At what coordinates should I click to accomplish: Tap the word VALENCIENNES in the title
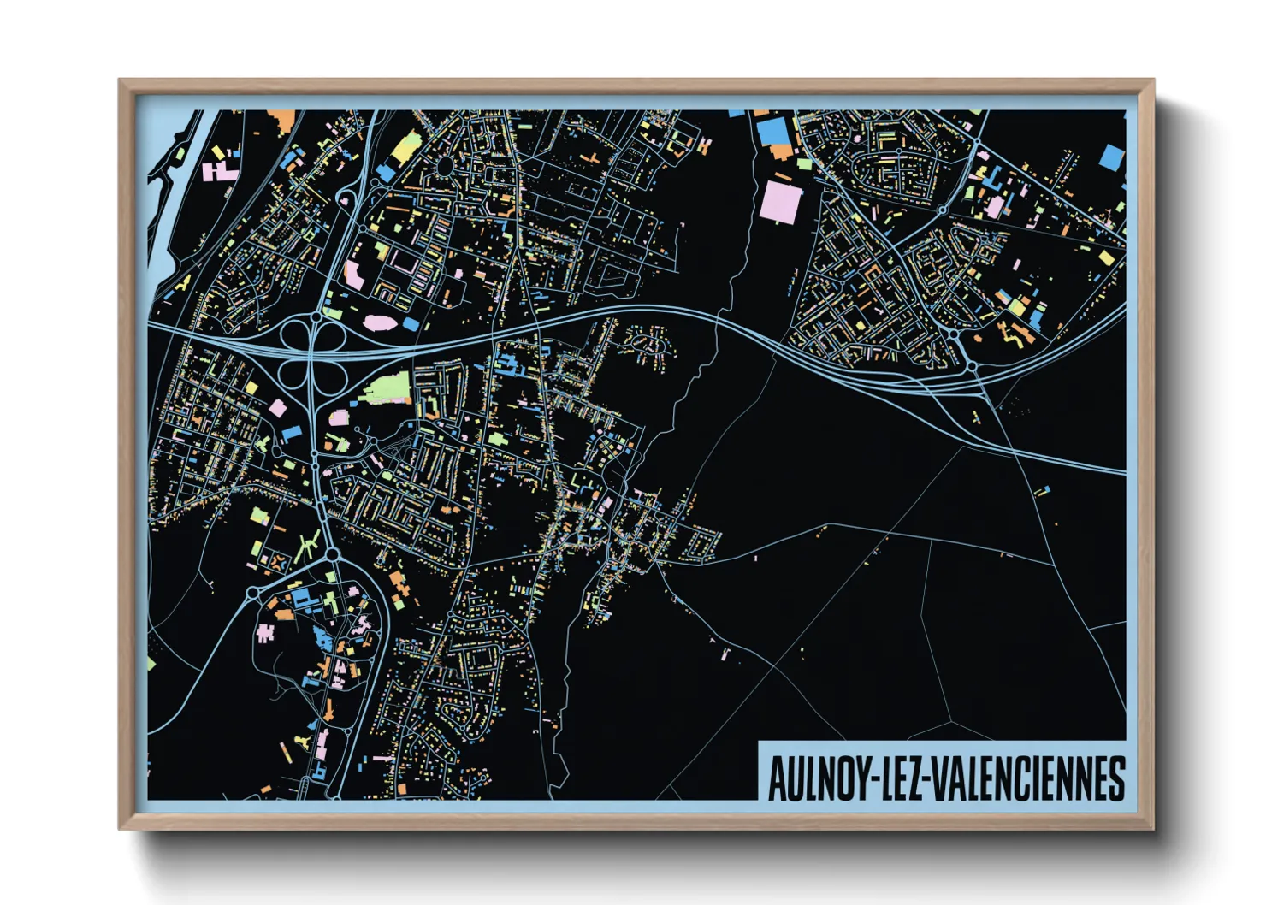(1026, 778)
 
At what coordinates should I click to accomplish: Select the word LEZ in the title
(898, 778)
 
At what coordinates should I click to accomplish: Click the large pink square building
(781, 203)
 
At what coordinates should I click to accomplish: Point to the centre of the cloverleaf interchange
(315, 352)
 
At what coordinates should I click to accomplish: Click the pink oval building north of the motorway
(379, 323)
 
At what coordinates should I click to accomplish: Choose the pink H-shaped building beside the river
(220, 171)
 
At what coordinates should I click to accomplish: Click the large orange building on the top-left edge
(281, 121)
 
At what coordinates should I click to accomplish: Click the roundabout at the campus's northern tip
(332, 555)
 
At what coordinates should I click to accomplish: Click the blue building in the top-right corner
(1110, 157)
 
